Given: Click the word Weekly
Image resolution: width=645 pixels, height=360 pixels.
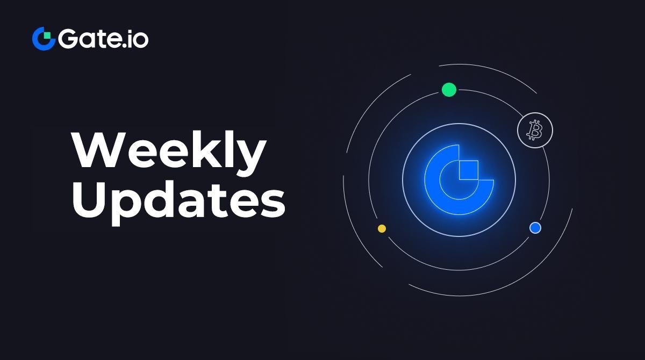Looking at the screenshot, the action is click(x=169, y=153).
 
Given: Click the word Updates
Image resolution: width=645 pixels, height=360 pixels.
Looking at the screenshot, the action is click(x=178, y=203).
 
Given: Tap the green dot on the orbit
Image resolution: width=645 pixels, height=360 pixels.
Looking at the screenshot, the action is click(x=449, y=90).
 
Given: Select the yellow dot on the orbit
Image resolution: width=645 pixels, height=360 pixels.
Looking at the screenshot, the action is click(x=382, y=228).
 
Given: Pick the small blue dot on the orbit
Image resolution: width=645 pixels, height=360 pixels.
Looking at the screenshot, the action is click(x=535, y=228).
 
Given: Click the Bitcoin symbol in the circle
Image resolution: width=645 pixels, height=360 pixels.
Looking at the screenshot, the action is click(x=535, y=130).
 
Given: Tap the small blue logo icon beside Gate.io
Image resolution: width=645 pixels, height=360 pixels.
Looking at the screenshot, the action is click(x=44, y=39).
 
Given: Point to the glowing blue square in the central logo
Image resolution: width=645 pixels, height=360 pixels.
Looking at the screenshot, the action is click(x=469, y=170).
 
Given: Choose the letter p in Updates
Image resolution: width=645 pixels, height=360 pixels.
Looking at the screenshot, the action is click(x=127, y=207).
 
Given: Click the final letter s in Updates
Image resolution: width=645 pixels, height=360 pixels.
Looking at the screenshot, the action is click(x=273, y=203).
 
